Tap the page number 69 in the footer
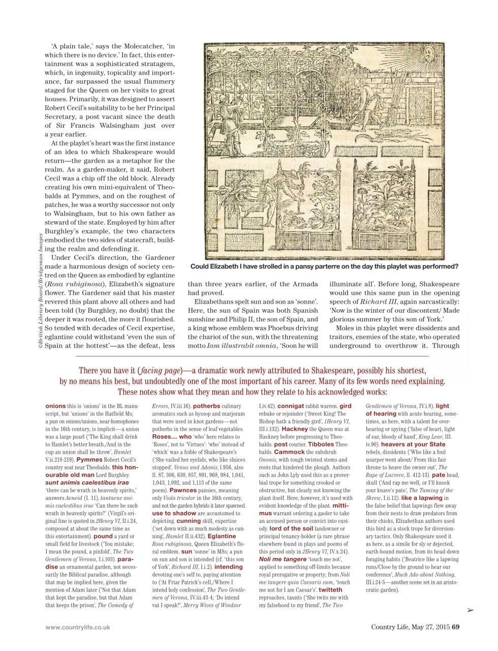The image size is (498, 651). (x=456, y=627)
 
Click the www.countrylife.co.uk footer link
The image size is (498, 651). (x=77, y=627)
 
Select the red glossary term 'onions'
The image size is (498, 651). (x=55, y=406)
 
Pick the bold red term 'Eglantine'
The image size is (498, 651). (x=222, y=536)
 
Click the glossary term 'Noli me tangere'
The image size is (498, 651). (x=283, y=559)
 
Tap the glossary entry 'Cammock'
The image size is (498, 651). (x=290, y=452)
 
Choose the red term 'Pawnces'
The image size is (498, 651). (x=183, y=490)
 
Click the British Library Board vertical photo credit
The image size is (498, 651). (x=40, y=290)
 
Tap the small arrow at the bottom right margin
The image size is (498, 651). (x=470, y=611)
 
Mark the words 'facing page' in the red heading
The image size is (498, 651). (x=157, y=371)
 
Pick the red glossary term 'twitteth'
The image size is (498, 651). (x=330, y=589)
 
